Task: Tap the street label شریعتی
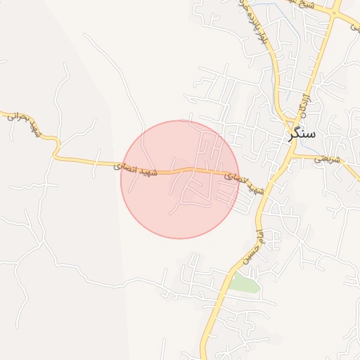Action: (x=327, y=160)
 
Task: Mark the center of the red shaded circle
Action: (x=180, y=179)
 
